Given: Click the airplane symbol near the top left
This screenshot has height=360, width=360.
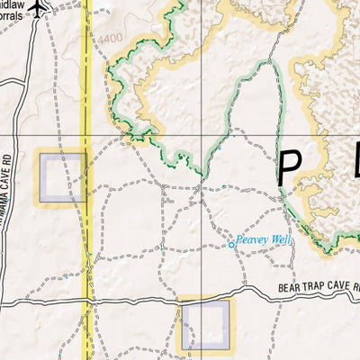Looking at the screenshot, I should click(37, 8).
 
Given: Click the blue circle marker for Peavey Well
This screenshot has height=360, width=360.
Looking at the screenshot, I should click(230, 243).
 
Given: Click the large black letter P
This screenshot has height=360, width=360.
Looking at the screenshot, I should click(289, 168).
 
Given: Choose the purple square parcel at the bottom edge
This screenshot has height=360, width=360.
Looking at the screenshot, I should click(205, 325).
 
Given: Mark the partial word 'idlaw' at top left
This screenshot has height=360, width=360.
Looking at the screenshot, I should click(13, 4).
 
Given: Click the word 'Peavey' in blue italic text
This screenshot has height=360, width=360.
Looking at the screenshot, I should click(252, 241).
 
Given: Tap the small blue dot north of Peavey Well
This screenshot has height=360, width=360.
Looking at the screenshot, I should click(223, 186).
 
